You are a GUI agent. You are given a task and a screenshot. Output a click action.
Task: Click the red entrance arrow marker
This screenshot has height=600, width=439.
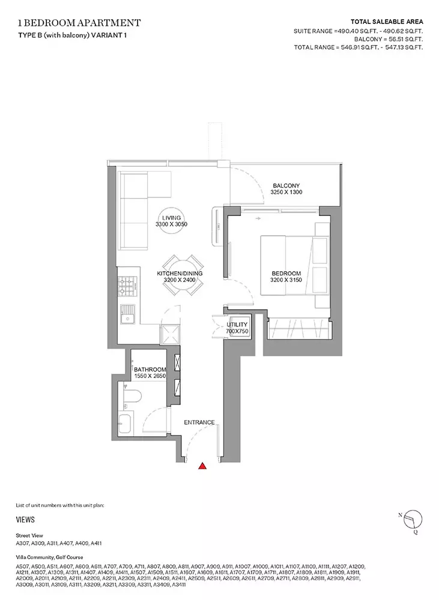(202, 466)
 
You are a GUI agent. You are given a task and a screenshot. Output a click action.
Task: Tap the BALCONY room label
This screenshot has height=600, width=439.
(286, 185)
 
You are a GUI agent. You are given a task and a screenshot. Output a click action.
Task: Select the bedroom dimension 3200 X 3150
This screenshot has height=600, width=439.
(286, 280)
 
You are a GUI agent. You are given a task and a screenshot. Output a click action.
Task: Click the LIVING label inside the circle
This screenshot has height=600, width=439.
(171, 218)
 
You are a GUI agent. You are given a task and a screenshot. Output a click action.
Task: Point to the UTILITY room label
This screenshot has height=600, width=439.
(237, 325)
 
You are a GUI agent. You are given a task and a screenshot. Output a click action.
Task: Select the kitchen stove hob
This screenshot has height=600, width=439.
(126, 286)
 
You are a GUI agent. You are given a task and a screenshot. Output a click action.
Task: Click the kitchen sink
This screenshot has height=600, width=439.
(126, 314)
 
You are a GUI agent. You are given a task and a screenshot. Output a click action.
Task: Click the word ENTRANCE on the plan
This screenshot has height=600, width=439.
(199, 422)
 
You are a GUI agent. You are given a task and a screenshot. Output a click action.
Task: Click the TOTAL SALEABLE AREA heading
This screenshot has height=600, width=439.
(387, 22)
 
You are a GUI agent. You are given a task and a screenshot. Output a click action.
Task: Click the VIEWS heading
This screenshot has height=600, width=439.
(25, 520)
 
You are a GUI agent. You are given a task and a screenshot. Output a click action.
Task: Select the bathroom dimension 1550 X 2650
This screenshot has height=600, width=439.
(150, 376)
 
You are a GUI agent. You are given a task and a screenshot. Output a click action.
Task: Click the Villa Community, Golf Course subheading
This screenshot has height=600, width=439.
(49, 557)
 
